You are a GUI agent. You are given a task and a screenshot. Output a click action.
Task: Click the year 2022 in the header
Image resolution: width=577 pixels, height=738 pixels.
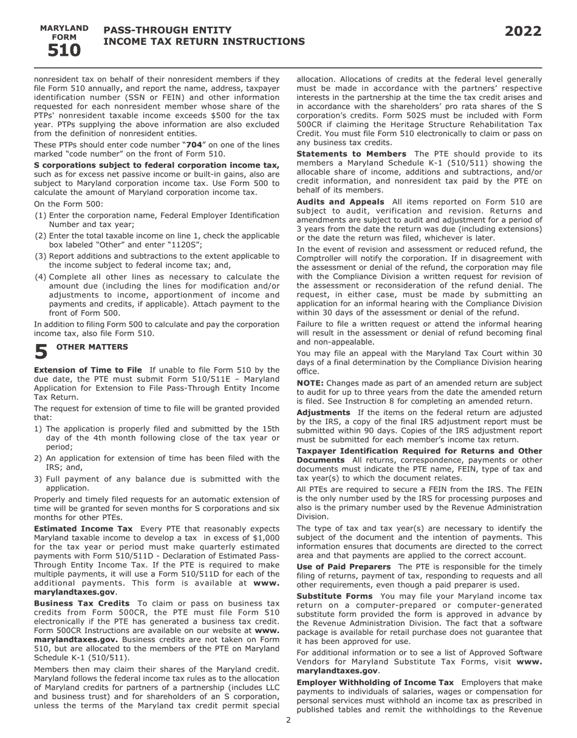pyautogui.click(x=523, y=32)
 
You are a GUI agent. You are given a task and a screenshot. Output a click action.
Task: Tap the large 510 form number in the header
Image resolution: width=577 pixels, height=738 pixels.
pyautogui.click(x=64, y=51)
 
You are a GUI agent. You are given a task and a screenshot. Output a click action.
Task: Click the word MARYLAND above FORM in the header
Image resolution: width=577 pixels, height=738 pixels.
pyautogui.click(x=64, y=29)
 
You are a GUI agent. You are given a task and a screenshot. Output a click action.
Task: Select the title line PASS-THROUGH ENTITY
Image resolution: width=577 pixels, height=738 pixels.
pyautogui.click(x=167, y=30)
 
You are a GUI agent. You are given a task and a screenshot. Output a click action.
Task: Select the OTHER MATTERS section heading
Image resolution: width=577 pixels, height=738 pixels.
pyautogui.click(x=92, y=347)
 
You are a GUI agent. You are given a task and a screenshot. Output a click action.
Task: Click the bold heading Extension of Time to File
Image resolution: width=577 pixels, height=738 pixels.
pyautogui.click(x=88, y=370)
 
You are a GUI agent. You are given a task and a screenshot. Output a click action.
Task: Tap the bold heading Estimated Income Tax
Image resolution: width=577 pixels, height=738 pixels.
pyautogui.click(x=83, y=529)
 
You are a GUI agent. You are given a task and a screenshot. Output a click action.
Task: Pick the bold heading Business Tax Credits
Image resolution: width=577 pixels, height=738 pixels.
pyautogui.click(x=82, y=603)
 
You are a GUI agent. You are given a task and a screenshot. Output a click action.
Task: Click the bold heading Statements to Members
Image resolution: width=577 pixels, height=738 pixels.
pyautogui.click(x=351, y=154)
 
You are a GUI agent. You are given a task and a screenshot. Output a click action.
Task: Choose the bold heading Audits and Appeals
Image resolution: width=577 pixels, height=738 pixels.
pyautogui.click(x=340, y=201)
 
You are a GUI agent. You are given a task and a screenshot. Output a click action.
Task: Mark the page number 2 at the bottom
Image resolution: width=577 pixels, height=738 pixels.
pyautogui.click(x=288, y=720)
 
